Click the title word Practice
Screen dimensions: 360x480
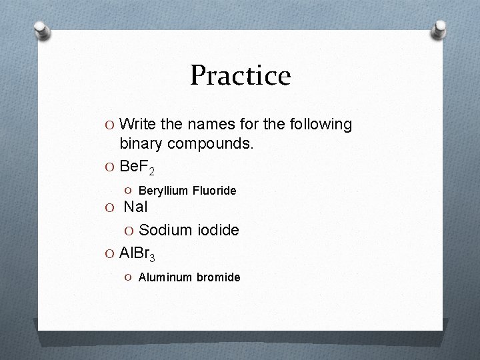tap(240, 75)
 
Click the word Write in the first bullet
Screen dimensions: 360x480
tap(139, 125)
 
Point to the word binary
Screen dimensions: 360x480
tap(142, 143)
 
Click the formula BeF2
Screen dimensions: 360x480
tap(139, 164)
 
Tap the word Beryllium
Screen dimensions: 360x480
tap(164, 191)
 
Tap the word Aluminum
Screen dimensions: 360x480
tap(165, 277)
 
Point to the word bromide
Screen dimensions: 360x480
tap(218, 277)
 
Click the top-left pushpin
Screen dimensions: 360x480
tap(41, 31)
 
